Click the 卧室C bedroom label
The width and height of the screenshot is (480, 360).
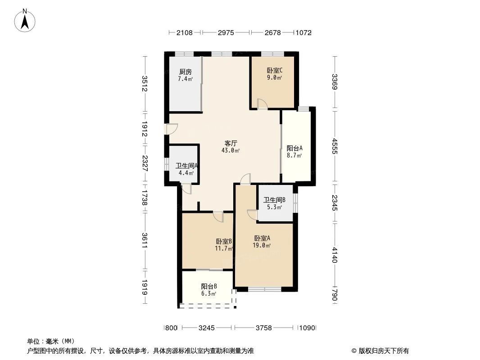click(x=274, y=70)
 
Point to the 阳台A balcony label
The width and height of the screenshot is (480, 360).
click(x=294, y=148)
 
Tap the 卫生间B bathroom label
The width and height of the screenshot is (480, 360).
click(x=274, y=200)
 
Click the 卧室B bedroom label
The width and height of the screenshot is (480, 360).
click(x=224, y=241)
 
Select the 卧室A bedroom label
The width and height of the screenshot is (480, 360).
click(x=262, y=238)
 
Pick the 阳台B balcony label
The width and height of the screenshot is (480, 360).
click(x=209, y=286)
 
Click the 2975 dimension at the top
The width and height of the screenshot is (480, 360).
click(x=226, y=32)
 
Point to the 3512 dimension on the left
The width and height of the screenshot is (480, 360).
click(x=145, y=84)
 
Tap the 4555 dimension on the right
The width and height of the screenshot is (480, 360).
click(x=334, y=147)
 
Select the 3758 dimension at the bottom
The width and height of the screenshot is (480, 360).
click(x=263, y=328)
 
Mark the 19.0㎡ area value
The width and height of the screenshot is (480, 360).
click(x=262, y=246)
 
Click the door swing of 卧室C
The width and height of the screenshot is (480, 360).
click(x=262, y=104)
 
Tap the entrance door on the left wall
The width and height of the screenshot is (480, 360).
click(x=171, y=129)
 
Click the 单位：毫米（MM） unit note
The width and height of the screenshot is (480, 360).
click(x=50, y=341)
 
